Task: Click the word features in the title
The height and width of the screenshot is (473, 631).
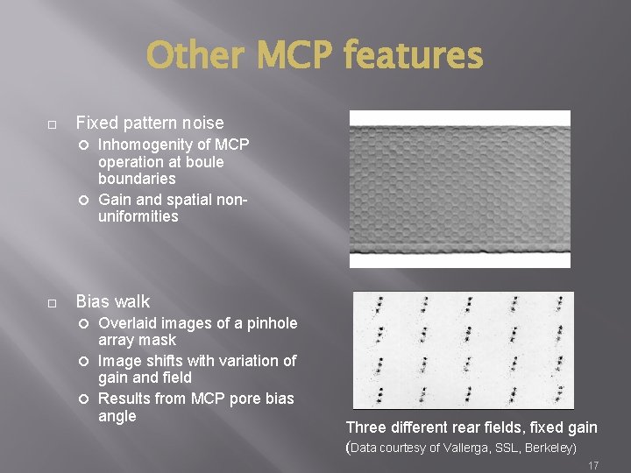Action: [413, 56]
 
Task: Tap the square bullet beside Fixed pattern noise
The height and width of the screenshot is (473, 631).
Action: [53, 124]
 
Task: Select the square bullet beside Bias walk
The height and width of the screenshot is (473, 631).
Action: [53, 303]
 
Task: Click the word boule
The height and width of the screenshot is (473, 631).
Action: [204, 162]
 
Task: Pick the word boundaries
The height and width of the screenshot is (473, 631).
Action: [137, 179]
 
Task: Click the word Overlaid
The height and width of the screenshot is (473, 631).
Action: [129, 323]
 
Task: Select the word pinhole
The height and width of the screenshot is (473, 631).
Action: [271, 323]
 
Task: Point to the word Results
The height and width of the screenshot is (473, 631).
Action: [125, 399]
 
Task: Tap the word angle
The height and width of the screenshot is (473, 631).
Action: [117, 416]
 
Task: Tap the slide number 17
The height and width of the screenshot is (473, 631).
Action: [593, 465]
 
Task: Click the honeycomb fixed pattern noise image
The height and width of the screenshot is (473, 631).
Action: [459, 188]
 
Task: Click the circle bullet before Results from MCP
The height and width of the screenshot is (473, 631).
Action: [85, 399]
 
